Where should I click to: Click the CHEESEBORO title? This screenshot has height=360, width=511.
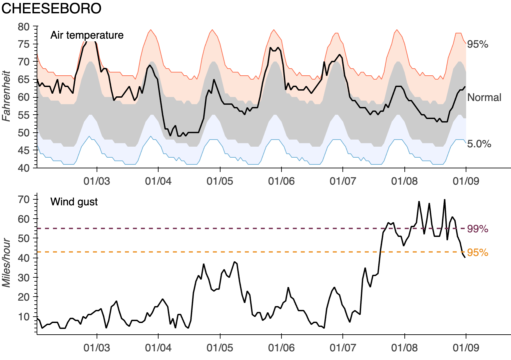click(51, 9)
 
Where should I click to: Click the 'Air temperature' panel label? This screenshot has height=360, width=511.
click(87, 35)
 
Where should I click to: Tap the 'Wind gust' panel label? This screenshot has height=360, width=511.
click(74, 202)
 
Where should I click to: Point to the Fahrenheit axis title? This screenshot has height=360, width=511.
click(6, 96)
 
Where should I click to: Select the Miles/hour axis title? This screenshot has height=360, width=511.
click(6, 263)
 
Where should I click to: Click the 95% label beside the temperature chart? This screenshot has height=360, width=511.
click(477, 44)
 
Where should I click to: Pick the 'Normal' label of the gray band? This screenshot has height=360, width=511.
click(484, 97)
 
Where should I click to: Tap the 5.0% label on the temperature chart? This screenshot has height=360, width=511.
click(479, 144)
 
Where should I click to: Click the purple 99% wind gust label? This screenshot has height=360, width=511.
click(477, 229)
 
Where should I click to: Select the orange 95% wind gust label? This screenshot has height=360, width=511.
click(477, 253)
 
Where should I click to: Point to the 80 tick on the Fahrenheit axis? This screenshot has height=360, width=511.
click(24, 27)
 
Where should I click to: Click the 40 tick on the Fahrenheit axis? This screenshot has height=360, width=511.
click(24, 168)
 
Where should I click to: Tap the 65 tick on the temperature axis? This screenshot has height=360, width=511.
click(24, 79)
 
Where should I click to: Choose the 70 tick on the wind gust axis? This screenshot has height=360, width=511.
click(24, 199)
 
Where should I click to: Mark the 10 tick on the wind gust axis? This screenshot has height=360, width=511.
click(24, 316)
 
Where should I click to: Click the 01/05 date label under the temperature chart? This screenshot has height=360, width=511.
click(220, 181)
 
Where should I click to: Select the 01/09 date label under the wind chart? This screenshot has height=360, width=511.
click(466, 348)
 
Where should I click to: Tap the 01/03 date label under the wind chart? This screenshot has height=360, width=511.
click(97, 348)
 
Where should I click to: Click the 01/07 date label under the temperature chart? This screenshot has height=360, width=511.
click(343, 181)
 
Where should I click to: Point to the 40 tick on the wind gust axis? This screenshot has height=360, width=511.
click(24, 258)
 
